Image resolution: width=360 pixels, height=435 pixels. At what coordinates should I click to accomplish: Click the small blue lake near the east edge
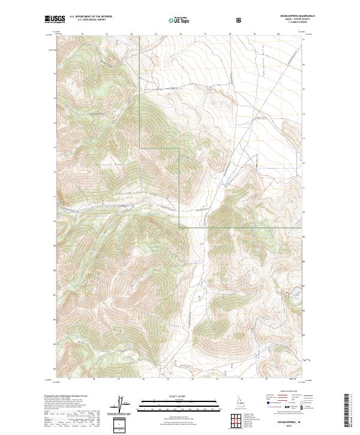tap(295, 292)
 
